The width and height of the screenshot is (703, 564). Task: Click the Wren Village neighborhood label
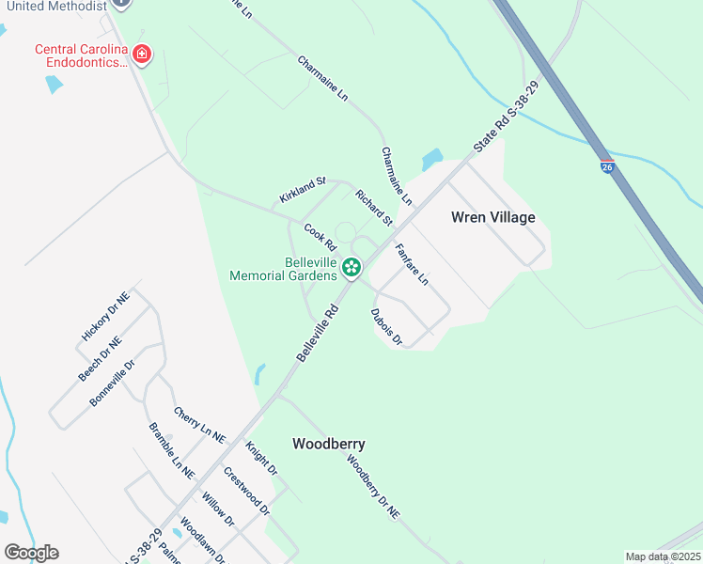(492, 217)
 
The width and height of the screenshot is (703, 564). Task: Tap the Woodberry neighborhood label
(328, 444)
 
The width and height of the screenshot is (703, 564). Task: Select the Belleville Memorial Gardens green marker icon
(351, 269)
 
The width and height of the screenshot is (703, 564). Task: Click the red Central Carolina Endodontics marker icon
(142, 55)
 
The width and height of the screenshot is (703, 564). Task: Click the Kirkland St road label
(302, 190)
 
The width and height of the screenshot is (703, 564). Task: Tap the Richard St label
(373, 208)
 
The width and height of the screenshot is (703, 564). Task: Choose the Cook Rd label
(320, 236)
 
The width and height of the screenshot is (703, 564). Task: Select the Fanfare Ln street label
(412, 265)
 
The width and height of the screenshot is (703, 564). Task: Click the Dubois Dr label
(386, 327)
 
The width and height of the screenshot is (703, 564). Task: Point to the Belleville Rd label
(318, 332)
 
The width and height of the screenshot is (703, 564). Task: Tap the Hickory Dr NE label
(104, 315)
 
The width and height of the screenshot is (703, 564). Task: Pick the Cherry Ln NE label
(199, 425)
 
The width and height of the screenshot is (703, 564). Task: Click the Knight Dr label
(261, 458)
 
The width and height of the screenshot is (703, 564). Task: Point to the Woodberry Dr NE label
(373, 488)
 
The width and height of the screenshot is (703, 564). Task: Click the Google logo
(31, 553)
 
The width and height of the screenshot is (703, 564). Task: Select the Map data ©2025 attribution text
(663, 556)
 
